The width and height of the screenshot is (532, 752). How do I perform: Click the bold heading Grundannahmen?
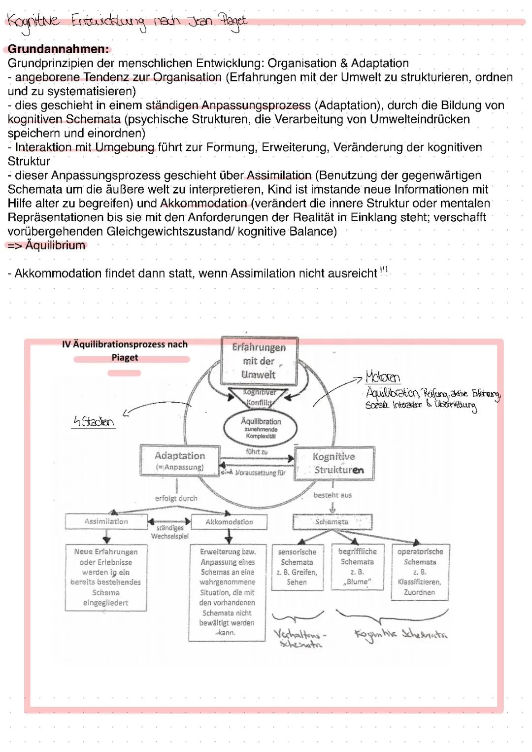[x=58, y=49]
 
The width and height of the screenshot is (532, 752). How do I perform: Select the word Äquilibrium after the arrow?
[x=55, y=245]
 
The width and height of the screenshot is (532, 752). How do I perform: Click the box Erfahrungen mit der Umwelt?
[x=260, y=361]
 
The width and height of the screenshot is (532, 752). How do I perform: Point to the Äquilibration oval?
[x=261, y=428]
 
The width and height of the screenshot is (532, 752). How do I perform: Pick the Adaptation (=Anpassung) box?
[x=180, y=461]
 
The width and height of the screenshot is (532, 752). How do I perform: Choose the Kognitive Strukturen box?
[x=334, y=463]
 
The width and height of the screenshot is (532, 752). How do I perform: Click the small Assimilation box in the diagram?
[x=106, y=521]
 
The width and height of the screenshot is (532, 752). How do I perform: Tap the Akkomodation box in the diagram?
[x=229, y=522]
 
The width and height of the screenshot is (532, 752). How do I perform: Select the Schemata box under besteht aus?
[x=332, y=522]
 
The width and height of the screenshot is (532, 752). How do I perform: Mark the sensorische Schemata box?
[x=297, y=567]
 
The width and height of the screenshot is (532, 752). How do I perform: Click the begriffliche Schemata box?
[x=358, y=566]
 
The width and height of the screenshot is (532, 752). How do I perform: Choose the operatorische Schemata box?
[x=420, y=572]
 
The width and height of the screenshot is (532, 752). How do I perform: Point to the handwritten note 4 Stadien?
[x=94, y=422]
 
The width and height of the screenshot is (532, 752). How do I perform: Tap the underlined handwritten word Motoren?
[x=383, y=377]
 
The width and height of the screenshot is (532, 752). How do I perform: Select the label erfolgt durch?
[x=176, y=498]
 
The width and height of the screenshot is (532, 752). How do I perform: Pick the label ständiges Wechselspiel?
[x=170, y=532]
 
